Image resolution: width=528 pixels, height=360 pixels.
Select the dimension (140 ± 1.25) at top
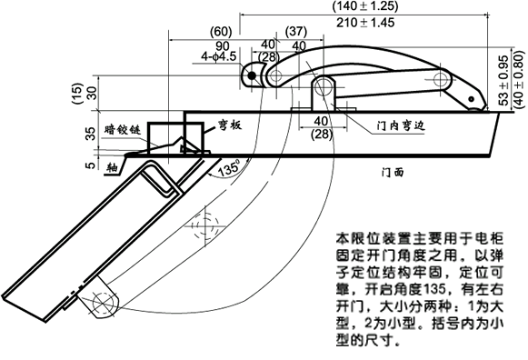point(372,6)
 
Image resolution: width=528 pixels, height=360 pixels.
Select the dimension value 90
point(221,44)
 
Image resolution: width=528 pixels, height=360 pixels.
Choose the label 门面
point(396,170)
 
